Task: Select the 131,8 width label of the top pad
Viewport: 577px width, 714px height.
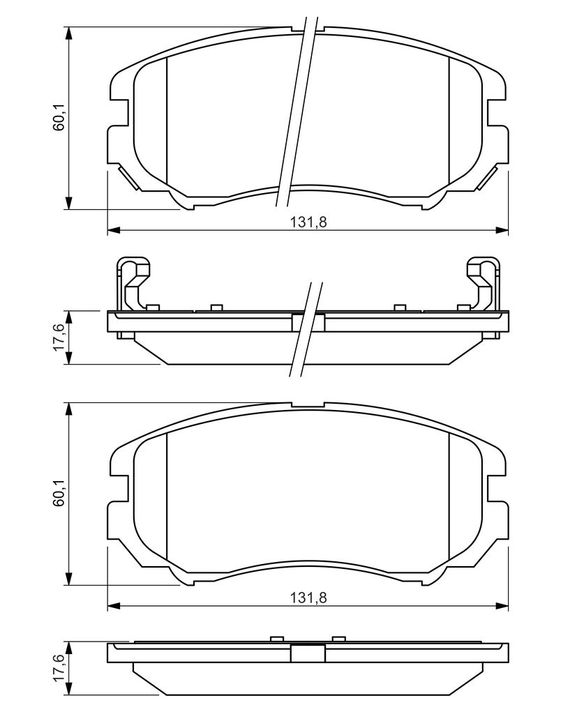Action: (308, 222)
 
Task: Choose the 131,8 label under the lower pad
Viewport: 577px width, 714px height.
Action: (308, 598)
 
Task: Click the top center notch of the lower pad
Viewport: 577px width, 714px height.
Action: (308, 405)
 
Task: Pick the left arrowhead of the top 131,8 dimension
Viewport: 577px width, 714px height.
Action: (113, 230)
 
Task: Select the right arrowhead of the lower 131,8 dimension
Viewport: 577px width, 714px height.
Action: (502, 605)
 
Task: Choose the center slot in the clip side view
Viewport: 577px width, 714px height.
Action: (308, 322)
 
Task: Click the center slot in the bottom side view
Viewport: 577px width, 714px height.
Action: (308, 653)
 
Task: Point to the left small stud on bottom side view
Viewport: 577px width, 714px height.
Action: (276, 637)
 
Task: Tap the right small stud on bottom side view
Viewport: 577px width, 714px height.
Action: (339, 637)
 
